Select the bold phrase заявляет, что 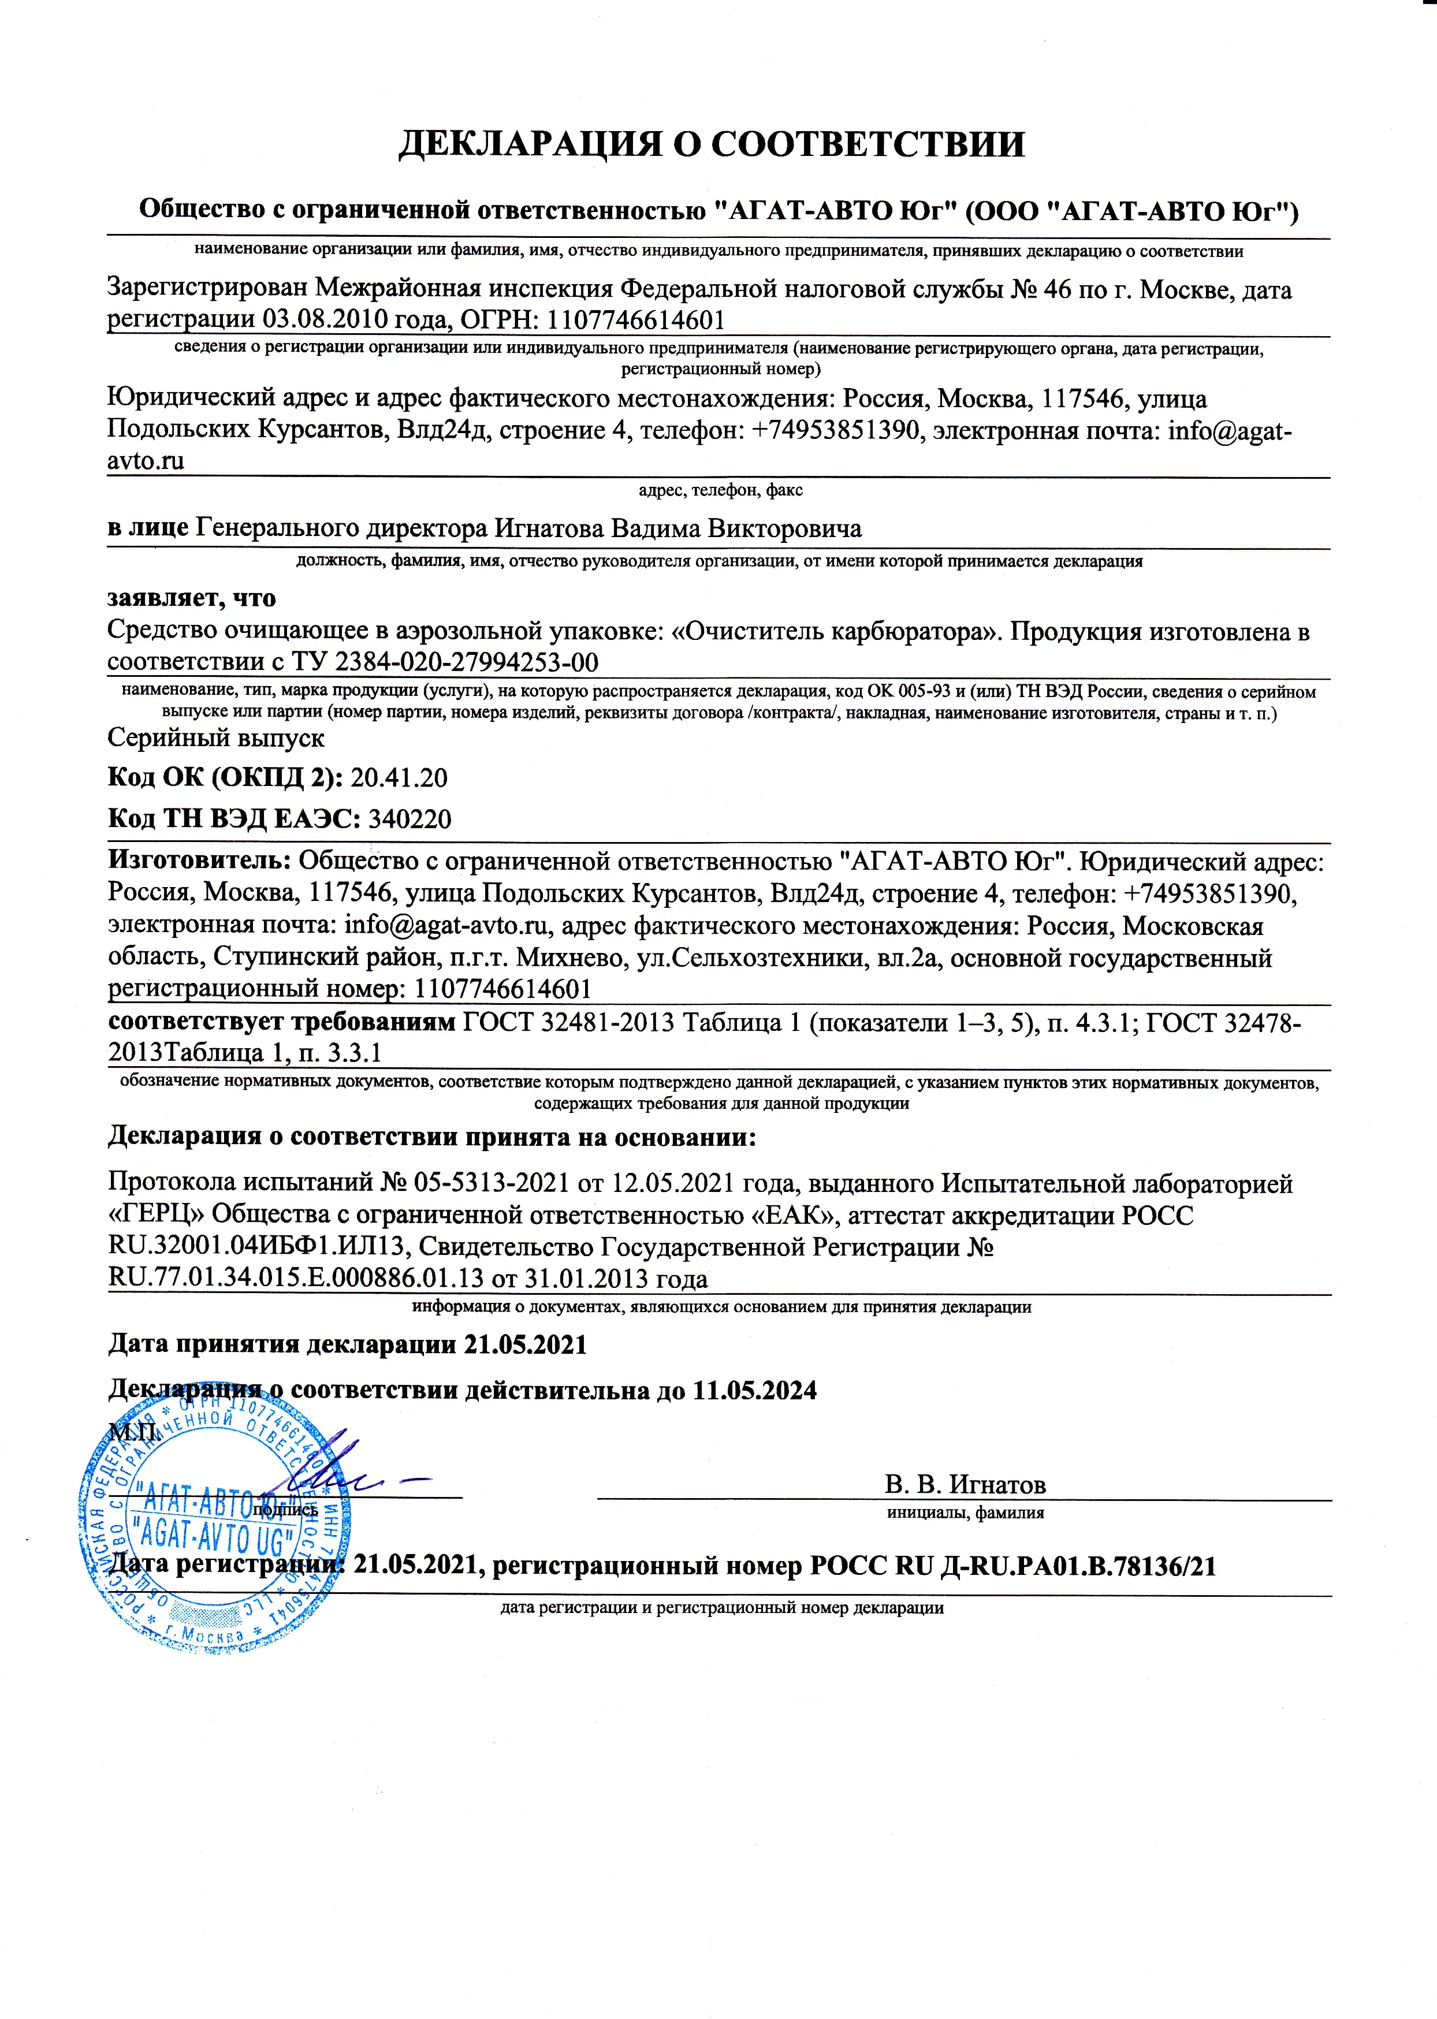[191, 599]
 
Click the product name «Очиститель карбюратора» [836, 632]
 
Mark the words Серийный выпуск [216, 738]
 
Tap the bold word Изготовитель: [199, 860]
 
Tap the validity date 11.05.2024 [754, 1391]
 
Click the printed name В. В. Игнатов [965, 1485]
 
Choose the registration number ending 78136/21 [1012, 1567]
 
